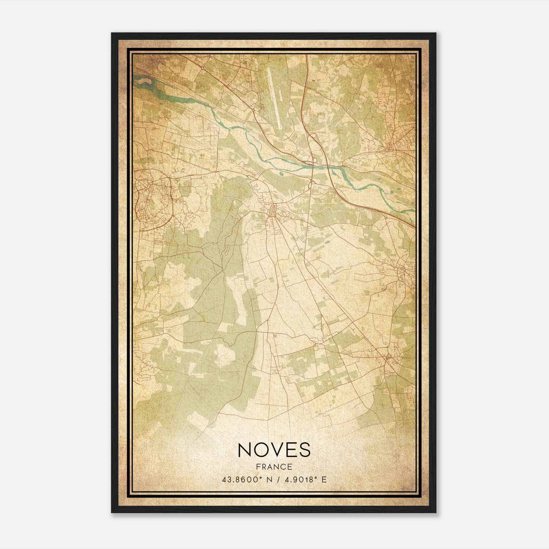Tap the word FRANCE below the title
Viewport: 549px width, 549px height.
click(273, 467)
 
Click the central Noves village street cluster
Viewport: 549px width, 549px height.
click(273, 209)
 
